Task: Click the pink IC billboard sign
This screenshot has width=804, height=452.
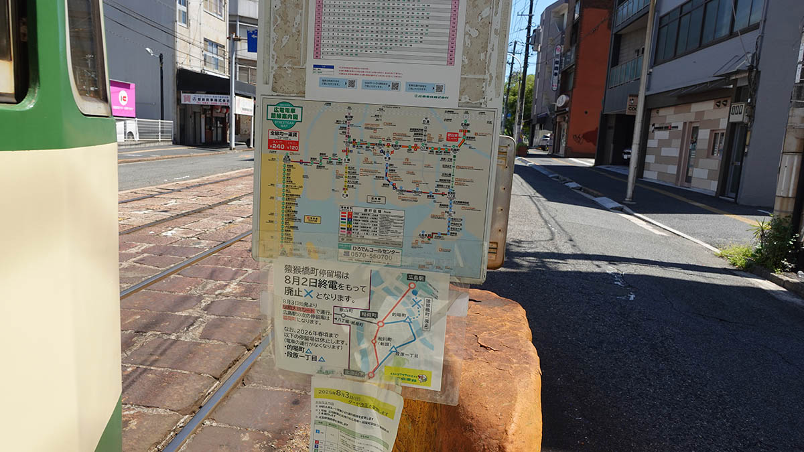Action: (123, 98)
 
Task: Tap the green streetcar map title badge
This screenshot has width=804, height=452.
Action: (284, 112)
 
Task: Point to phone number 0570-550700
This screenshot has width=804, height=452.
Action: (369, 256)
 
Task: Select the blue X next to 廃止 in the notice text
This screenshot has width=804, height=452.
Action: (309, 293)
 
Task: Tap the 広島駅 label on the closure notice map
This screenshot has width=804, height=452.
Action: (416, 277)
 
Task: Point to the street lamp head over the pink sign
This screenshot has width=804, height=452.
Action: (150, 52)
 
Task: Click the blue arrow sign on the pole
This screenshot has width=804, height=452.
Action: (252, 41)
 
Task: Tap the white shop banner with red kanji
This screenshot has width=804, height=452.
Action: (205, 99)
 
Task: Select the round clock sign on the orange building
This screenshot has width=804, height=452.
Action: (562, 100)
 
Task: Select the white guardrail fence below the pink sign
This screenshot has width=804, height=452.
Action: (145, 129)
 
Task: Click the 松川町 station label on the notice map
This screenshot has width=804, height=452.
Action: (385, 339)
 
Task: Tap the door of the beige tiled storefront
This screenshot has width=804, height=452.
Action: (690, 155)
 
